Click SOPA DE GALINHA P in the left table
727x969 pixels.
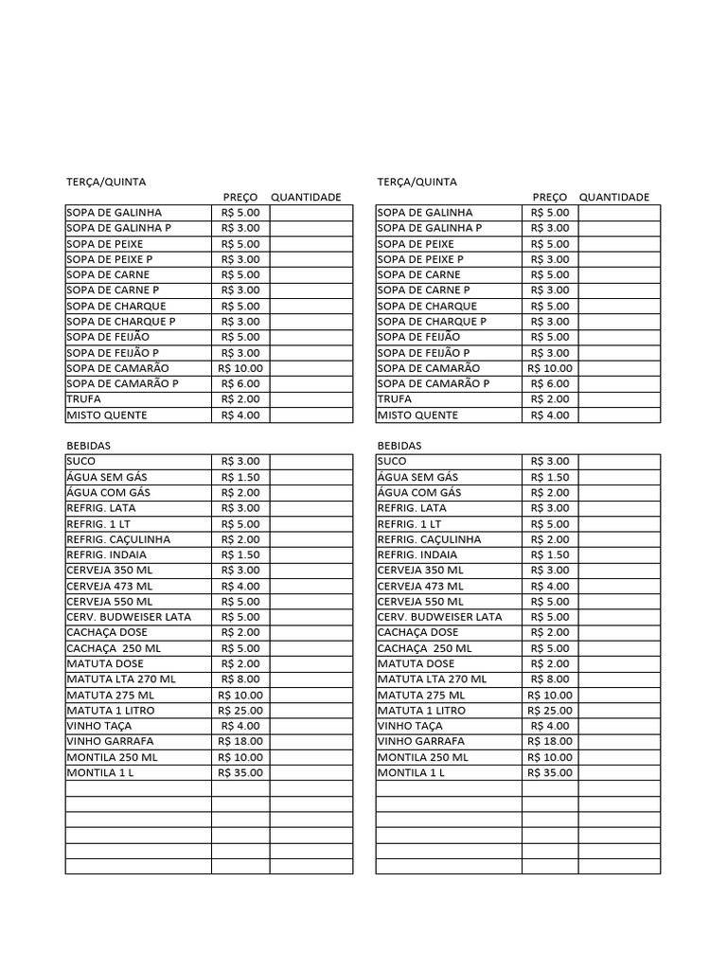click(118, 228)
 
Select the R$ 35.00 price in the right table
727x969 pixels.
click(550, 772)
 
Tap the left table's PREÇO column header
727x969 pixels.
click(240, 197)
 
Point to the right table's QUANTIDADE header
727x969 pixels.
click(614, 197)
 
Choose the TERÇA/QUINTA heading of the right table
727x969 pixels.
click(417, 181)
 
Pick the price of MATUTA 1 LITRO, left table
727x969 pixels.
click(240, 710)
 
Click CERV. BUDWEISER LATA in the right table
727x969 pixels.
click(439, 617)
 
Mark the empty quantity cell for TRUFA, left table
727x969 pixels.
click(310, 399)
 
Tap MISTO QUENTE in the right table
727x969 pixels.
click(417, 414)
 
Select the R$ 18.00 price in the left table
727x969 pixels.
click(240, 741)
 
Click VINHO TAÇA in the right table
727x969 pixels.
click(410, 726)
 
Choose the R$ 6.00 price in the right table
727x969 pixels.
click(550, 383)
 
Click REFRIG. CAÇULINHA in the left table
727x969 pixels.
click(118, 538)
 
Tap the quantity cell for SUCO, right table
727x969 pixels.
click(619, 461)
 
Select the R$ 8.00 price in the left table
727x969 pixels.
click(240, 678)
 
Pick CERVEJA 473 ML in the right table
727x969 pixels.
click(420, 586)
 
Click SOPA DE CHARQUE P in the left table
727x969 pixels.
click(121, 321)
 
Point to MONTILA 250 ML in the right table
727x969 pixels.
click(422, 757)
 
